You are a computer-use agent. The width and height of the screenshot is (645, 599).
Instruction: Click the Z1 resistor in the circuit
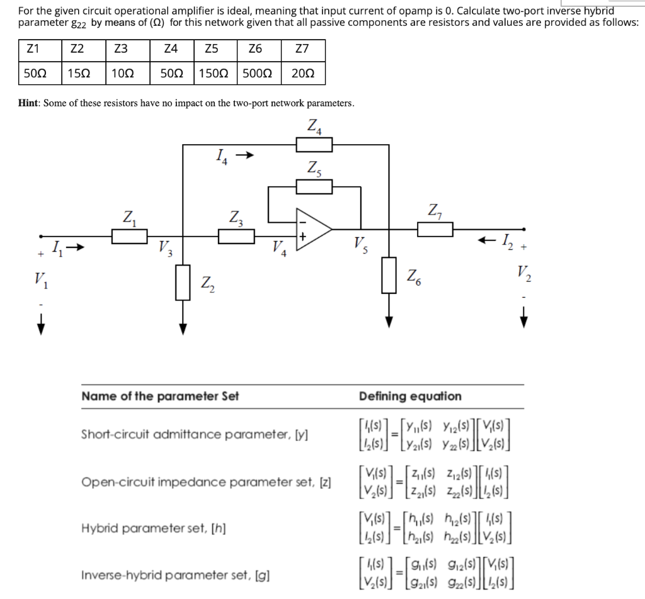130,236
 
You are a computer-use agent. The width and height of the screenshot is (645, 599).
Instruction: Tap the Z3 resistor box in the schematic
236,236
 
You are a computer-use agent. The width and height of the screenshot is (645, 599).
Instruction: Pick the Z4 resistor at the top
314,145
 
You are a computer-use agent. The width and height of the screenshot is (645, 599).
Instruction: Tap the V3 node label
164,247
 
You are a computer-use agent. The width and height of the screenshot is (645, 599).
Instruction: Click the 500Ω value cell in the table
257,74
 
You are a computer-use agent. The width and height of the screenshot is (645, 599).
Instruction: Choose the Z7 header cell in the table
302,49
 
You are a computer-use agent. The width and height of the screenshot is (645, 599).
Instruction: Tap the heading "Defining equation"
410,396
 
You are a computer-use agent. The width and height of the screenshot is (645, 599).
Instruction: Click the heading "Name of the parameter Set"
160,396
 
